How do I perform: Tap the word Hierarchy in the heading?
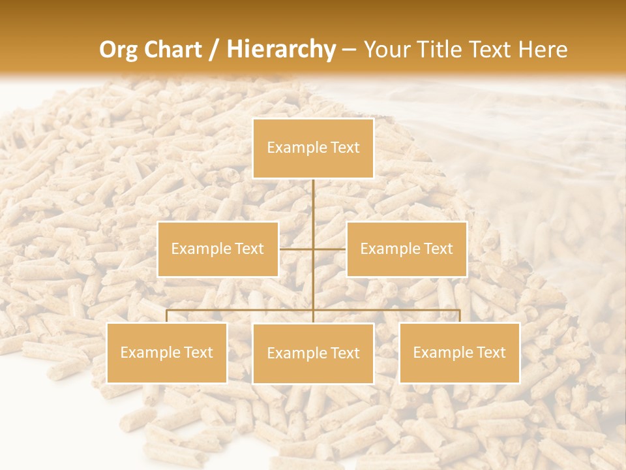(281, 50)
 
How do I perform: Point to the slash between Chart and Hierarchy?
(215, 50)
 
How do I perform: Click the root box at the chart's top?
(313, 148)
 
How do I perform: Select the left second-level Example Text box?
(218, 249)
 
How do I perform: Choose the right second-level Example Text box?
(407, 249)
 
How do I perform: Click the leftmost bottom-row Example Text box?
(167, 352)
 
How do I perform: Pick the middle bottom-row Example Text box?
(313, 353)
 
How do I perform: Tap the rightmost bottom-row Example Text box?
(460, 352)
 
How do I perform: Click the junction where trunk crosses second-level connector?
(313, 249)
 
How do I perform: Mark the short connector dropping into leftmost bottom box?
(167, 316)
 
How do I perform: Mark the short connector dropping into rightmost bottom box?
(460, 316)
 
